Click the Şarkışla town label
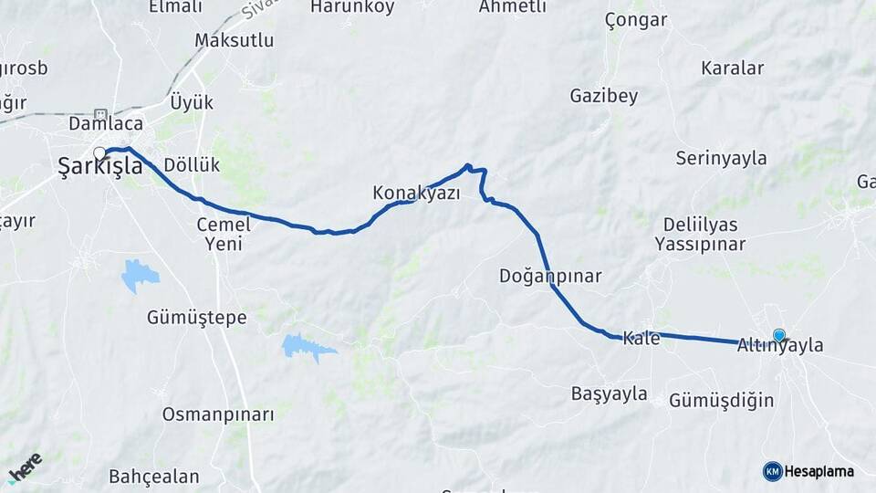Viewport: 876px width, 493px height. coord(100,166)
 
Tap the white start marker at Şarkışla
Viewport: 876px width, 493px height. coord(99,152)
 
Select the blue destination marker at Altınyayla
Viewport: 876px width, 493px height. coord(778,335)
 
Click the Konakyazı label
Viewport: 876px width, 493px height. coord(416,194)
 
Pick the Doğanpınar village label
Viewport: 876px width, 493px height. coord(550,276)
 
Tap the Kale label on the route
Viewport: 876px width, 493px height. coord(641,339)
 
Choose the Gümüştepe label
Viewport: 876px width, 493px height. coord(197,318)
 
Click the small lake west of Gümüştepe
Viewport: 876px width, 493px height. coord(139,273)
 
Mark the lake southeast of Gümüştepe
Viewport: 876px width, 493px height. coord(307,345)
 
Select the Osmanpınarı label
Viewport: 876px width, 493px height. coord(218,414)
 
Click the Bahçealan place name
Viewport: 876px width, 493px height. coord(153,477)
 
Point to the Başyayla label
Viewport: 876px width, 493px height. coord(609,394)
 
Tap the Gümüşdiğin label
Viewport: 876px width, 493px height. coord(721,400)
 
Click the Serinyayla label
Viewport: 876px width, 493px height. coord(721,158)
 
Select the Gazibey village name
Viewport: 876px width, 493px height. coord(603,95)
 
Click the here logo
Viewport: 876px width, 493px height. coord(25,467)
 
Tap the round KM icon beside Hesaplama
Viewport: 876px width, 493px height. coord(772,471)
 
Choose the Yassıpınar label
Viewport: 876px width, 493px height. coord(700,245)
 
